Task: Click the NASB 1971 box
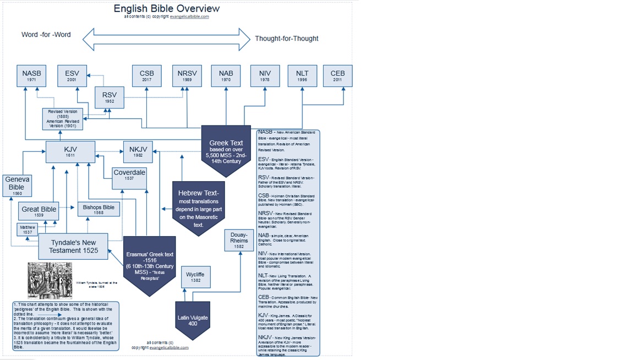[31, 76]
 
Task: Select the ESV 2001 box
[72, 76]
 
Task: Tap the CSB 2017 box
[146, 76]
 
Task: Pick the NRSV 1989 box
[187, 76]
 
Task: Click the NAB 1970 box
[226, 76]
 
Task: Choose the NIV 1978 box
[265, 76]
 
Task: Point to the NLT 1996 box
[302, 76]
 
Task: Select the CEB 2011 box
[337, 76]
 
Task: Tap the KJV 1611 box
[70, 152]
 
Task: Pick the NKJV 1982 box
[137, 152]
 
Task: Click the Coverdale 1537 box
[129, 178]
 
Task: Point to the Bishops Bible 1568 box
[99, 210]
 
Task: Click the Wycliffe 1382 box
[195, 277]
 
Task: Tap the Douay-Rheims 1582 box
[239, 241]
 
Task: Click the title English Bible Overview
[166, 8]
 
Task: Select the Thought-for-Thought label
[286, 39]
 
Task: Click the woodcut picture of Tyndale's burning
[50, 281]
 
